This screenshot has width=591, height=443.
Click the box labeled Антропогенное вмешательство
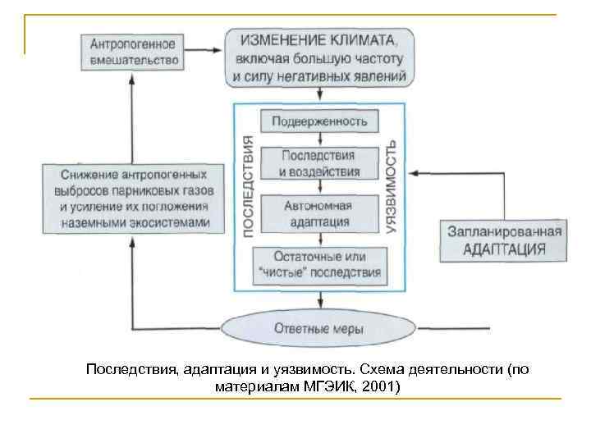pos(131,51)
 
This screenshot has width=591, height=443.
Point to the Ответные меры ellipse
pos(319,329)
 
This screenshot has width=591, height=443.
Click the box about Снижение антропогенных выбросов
pos(134,199)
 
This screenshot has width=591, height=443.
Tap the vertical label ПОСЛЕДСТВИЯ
pos(248,188)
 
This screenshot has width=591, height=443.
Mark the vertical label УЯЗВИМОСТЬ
pos(392,189)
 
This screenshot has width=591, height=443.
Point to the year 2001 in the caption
pos(378,386)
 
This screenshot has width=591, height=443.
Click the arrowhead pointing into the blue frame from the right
pos(413,173)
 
